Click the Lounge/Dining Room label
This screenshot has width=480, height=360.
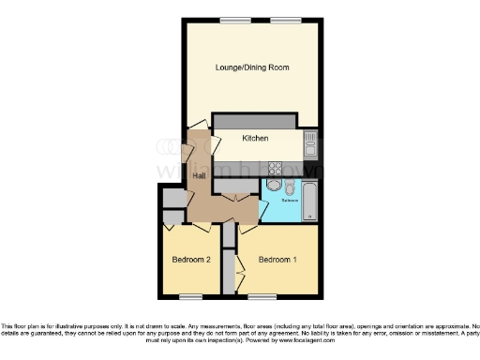[251, 67]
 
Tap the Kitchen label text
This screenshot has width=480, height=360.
[255, 139]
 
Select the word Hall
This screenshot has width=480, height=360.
[200, 175]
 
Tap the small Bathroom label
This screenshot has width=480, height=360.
[289, 200]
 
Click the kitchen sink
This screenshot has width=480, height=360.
[310, 142]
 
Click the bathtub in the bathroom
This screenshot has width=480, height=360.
[311, 200]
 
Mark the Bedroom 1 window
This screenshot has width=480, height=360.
[263, 297]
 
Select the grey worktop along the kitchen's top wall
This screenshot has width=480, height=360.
[255, 121]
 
